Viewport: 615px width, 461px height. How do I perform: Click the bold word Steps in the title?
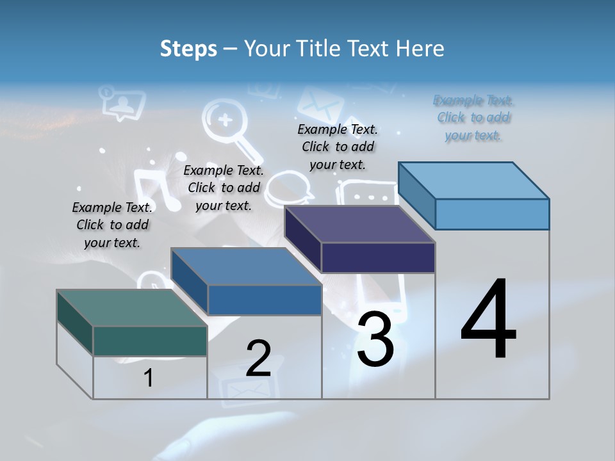click(188, 49)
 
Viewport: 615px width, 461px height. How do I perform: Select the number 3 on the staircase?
click(375, 339)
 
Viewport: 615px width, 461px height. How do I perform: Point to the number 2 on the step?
click(258, 359)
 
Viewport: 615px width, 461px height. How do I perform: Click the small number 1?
click(149, 378)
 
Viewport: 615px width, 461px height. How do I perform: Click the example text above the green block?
click(112, 225)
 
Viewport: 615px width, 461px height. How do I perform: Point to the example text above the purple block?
click(338, 147)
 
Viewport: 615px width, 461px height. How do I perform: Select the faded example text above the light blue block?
click(474, 118)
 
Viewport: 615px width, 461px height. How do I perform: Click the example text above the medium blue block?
click(224, 188)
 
